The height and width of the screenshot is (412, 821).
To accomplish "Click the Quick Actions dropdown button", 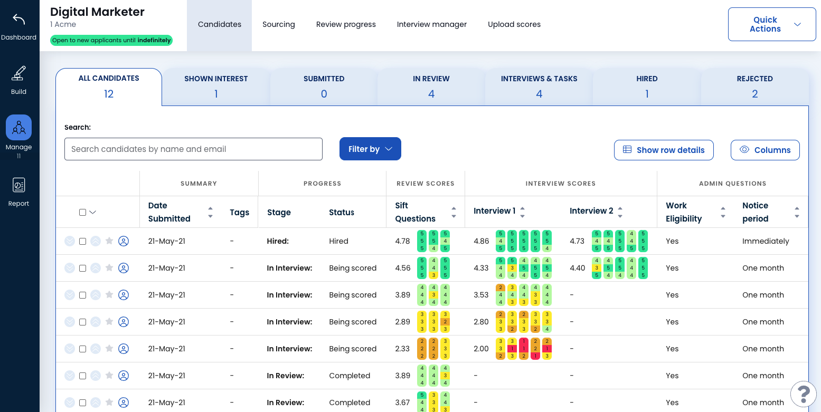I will point(771,24).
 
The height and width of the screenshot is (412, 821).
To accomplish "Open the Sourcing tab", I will point(278,24).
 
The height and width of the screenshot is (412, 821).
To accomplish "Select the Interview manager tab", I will point(431,24).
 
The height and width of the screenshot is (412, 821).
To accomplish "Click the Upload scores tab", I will point(514,24).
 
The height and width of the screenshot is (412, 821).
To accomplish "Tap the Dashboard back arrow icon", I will point(18,20).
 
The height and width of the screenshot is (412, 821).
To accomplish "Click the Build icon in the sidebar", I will point(18,73).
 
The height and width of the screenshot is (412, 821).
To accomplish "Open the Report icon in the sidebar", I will point(18,185).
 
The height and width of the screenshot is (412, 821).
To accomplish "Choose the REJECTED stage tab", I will point(754,87).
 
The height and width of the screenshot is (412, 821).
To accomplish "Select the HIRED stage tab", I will point(647,87).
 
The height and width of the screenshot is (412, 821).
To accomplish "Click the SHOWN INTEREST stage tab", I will point(216,87).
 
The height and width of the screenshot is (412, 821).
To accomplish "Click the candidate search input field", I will point(193,149).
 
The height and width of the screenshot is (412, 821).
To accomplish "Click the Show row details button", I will point(664,150).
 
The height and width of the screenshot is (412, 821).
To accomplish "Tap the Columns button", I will point(765,150).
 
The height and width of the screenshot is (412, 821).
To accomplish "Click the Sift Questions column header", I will point(415,212).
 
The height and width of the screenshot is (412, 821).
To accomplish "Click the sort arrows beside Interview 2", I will point(620,212).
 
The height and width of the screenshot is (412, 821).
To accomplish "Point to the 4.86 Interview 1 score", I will point(481,241).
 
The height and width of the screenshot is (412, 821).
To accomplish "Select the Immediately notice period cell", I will point(765,241).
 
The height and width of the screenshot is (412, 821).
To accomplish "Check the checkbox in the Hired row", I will point(82,241).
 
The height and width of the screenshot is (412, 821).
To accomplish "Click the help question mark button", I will point(803,393).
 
